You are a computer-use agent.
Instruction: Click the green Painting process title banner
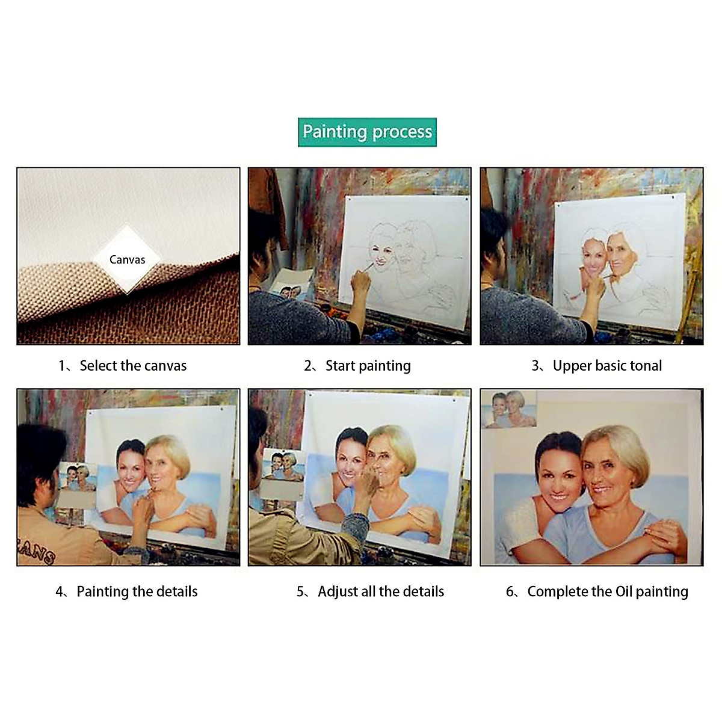click(x=367, y=132)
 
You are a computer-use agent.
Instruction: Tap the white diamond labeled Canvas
click(x=127, y=260)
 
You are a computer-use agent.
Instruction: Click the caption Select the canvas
click(x=133, y=366)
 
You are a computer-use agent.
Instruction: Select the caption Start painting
click(x=368, y=366)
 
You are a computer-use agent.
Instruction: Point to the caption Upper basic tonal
click(x=607, y=366)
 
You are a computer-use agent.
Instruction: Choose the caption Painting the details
click(x=137, y=591)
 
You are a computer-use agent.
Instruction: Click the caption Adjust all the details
click(x=381, y=591)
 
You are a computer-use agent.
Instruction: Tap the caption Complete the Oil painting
click(x=608, y=591)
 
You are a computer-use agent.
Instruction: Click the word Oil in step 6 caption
click(x=624, y=591)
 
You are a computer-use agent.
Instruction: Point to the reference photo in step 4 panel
click(x=77, y=478)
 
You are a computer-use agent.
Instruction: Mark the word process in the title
click(x=403, y=132)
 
